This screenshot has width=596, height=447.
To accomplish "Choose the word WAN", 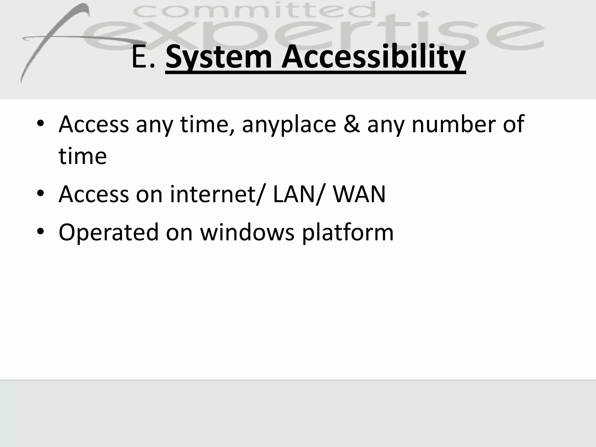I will (x=359, y=194).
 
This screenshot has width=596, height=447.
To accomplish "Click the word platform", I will (x=347, y=233).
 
